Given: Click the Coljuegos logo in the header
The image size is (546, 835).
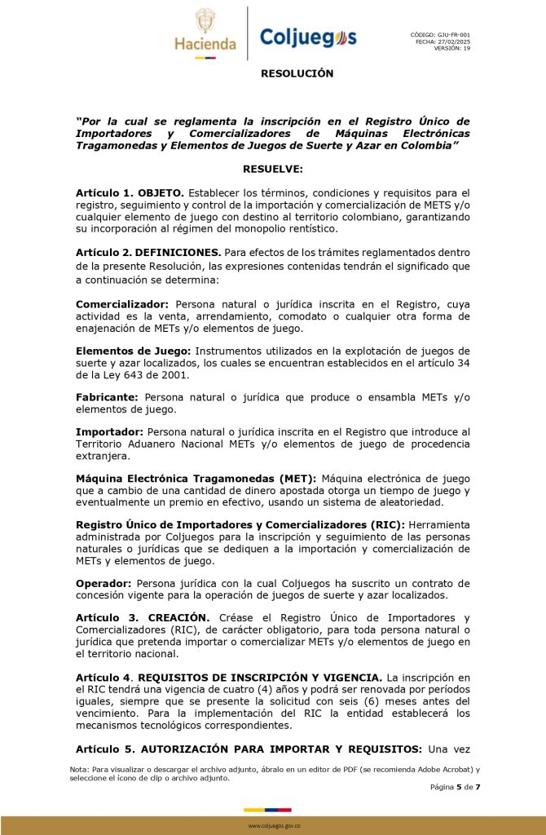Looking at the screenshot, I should [307, 38].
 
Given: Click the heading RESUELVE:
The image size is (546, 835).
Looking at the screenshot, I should [273, 169].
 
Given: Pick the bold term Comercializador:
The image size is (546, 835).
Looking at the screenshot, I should [122, 303].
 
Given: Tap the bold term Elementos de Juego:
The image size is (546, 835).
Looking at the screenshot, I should [132, 351].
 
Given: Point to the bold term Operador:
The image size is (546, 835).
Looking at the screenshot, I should [103, 583].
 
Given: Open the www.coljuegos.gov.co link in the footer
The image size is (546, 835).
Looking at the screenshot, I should [274, 826].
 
